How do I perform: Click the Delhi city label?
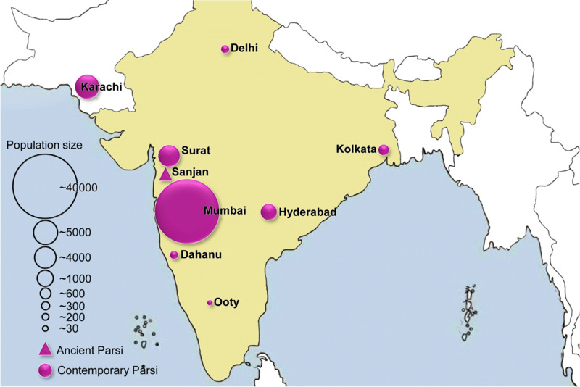click(245, 49)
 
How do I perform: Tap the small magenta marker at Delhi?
click(225, 49)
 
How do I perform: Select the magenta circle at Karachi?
click(87, 86)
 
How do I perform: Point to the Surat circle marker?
click(169, 155)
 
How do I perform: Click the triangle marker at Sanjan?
click(165, 173)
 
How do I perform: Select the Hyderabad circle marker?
click(268, 212)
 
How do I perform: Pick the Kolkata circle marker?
click(384, 150)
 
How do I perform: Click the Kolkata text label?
click(357, 149)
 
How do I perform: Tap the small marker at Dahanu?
click(174, 255)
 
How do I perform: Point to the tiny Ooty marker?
click(210, 302)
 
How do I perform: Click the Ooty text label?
click(226, 302)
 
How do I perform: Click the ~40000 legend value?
click(78, 187)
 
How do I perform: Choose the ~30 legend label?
click(69, 328)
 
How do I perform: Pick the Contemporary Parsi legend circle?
click(45, 370)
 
